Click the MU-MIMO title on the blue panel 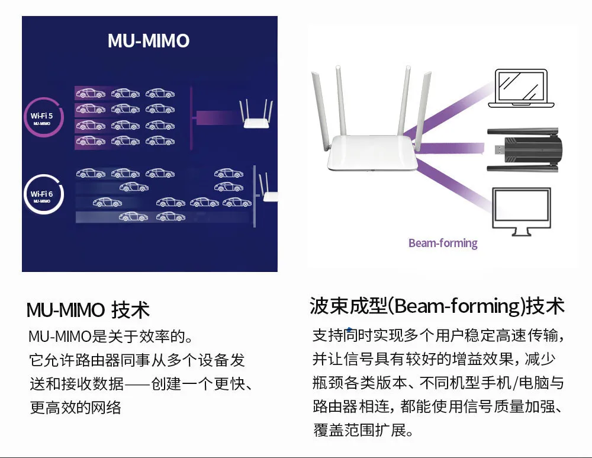click(x=149, y=40)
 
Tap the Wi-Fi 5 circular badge click(x=42, y=117)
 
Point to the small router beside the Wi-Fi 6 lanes click(x=268, y=193)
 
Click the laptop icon click(x=521, y=89)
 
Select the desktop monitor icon click(x=521, y=210)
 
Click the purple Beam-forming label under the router click(x=443, y=243)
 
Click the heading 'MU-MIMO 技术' click(x=88, y=309)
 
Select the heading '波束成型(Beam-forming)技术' click(x=437, y=306)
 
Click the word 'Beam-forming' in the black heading click(x=456, y=306)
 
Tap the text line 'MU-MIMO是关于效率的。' click(x=111, y=337)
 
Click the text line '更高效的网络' click(x=75, y=408)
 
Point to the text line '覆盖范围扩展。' click(x=363, y=430)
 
